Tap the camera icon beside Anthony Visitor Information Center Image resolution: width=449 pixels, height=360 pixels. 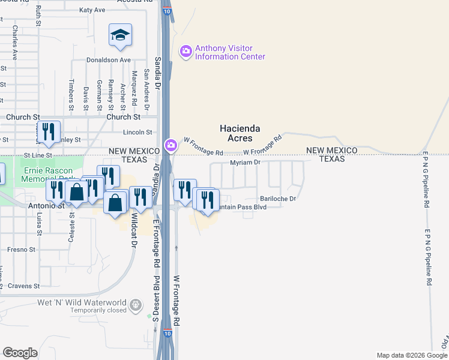click(185, 52)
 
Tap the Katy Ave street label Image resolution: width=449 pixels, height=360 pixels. click(92, 10)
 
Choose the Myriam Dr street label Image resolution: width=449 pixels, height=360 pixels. click(245, 163)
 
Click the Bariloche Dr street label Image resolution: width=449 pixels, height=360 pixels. click(278, 199)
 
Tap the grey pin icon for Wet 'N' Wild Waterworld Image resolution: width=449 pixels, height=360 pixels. click(137, 305)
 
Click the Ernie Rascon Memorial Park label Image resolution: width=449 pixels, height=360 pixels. click(48, 174)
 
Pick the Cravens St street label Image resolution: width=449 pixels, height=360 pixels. click(24, 286)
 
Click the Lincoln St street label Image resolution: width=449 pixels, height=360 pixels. click(139, 132)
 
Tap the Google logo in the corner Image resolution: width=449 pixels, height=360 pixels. click(20, 352)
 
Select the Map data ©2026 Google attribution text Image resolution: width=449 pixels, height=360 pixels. click(411, 355)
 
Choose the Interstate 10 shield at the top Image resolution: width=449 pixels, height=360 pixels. click(166, 11)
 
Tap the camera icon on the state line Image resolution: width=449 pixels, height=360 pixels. click(171, 146)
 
